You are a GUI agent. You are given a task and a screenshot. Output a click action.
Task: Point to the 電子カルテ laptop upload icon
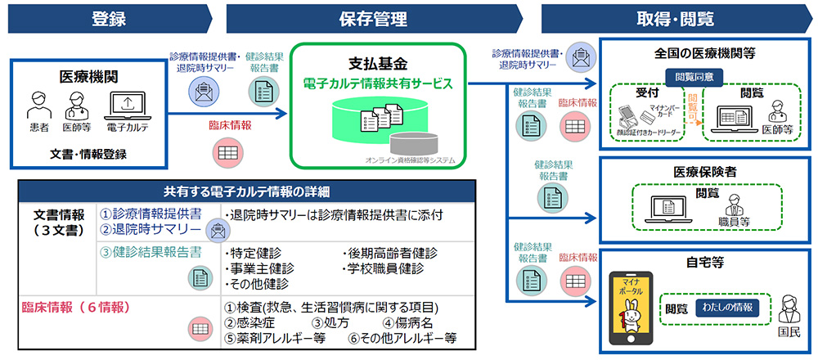click(127, 105)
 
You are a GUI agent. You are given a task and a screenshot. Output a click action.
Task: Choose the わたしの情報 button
click(726, 308)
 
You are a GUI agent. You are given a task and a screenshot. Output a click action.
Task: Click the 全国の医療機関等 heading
click(704, 53)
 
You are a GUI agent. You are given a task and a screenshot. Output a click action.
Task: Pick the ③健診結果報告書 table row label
click(151, 252)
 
